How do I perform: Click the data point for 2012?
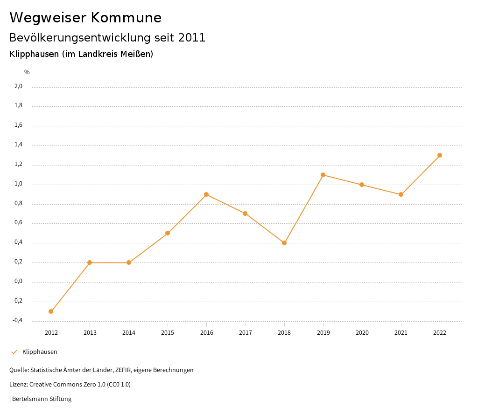(x=51, y=311)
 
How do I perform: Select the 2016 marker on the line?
(x=206, y=194)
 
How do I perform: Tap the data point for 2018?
(x=284, y=243)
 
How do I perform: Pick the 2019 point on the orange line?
(x=323, y=175)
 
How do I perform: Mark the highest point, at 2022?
(x=440, y=155)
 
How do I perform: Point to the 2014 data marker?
(x=129, y=262)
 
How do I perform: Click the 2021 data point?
(x=401, y=194)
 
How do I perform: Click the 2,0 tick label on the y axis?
(x=18, y=86)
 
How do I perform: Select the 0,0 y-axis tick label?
(x=18, y=282)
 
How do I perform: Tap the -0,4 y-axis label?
(x=17, y=321)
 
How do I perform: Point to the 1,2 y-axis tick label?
(x=18, y=165)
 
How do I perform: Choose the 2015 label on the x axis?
(x=168, y=333)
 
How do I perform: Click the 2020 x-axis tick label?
(x=362, y=333)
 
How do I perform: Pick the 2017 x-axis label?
(x=246, y=333)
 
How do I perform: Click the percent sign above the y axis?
(x=27, y=72)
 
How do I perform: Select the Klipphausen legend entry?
(x=39, y=352)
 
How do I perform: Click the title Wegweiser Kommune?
(x=85, y=18)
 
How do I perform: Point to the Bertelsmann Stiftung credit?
(x=41, y=399)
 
